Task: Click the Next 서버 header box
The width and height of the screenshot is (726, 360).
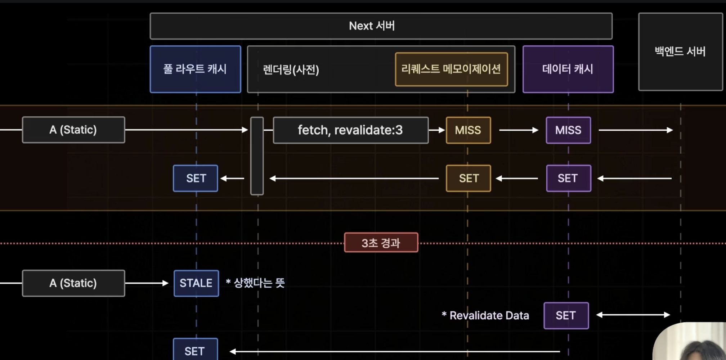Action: click(381, 26)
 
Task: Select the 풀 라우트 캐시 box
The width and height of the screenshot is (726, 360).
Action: click(195, 69)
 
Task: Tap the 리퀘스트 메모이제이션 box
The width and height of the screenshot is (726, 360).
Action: click(451, 69)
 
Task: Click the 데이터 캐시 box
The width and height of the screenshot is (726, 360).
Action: click(568, 69)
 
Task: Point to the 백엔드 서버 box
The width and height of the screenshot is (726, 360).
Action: click(680, 51)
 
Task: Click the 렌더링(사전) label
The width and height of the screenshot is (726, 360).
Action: click(291, 69)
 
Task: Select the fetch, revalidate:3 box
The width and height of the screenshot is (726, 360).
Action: click(350, 130)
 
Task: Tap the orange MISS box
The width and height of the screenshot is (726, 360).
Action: click(468, 130)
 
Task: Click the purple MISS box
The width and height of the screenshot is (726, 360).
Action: click(568, 130)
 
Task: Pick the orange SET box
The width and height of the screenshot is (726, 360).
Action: click(468, 178)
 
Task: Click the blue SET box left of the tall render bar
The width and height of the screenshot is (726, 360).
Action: click(196, 178)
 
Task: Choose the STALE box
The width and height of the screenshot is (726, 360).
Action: click(196, 283)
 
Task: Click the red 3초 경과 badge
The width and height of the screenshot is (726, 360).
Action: click(381, 243)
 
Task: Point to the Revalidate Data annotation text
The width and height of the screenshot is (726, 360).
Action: click(485, 315)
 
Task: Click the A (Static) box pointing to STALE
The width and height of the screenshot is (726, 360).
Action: click(73, 283)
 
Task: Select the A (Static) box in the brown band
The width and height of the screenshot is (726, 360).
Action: click(73, 130)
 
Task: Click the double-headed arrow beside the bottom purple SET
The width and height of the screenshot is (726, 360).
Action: click(633, 315)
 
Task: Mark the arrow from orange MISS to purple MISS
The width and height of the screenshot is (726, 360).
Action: click(519, 130)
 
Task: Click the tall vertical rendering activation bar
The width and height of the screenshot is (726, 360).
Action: click(257, 156)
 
